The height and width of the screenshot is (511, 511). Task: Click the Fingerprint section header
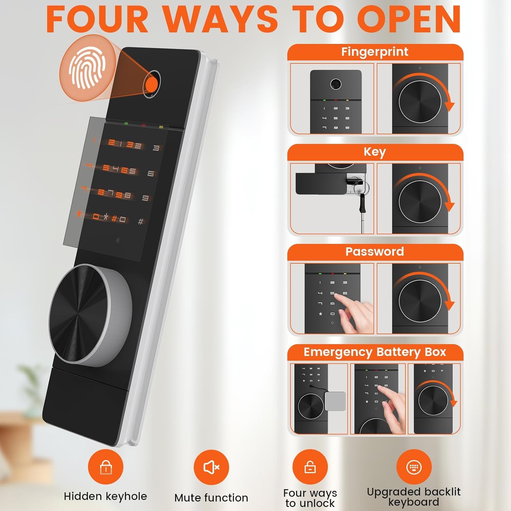(x=375, y=52)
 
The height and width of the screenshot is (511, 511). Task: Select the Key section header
(x=375, y=152)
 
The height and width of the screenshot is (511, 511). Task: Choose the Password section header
(x=375, y=252)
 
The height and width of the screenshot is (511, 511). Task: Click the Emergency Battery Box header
(x=375, y=352)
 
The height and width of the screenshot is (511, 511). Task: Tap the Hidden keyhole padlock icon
(x=106, y=467)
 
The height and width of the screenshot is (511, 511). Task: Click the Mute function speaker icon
(x=211, y=467)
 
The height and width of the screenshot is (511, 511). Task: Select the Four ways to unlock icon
(x=310, y=467)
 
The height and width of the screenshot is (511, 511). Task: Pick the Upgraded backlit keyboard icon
(x=414, y=467)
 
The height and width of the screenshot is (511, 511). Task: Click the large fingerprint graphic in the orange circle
(x=87, y=68)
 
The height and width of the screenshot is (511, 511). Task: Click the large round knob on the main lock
(x=90, y=315)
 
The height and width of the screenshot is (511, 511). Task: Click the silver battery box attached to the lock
(x=335, y=401)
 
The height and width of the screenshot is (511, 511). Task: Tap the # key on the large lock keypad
(x=140, y=222)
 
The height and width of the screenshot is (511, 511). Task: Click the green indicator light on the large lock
(x=126, y=123)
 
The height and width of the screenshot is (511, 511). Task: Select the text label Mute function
(x=211, y=498)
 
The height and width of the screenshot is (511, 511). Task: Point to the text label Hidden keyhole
(x=106, y=496)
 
